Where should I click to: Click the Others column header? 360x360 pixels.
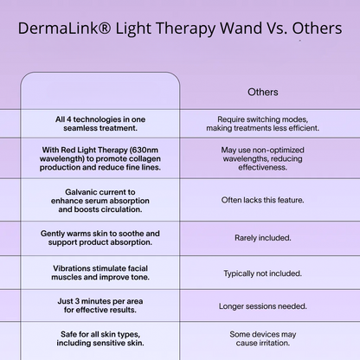[x=263, y=92]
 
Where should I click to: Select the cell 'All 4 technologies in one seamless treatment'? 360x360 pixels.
[x=100, y=123]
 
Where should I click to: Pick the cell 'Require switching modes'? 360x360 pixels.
[x=263, y=123]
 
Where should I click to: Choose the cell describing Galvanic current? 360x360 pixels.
[x=100, y=198]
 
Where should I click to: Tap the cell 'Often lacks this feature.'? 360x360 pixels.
[x=263, y=199]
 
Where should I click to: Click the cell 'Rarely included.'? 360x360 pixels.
[x=263, y=237]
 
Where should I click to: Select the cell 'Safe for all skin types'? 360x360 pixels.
[x=100, y=337]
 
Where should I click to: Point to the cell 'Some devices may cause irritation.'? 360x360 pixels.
[x=263, y=337]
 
